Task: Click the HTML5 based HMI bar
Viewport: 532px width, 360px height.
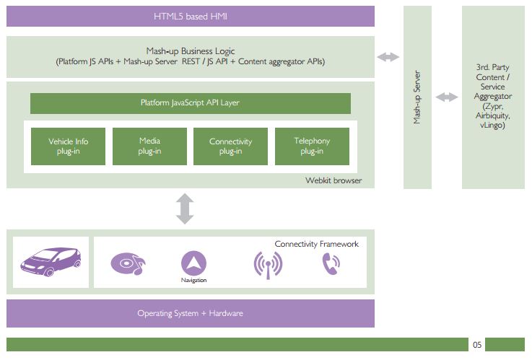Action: pyautogui.click(x=191, y=16)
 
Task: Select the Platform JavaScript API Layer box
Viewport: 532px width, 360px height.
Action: pyautogui.click(x=191, y=103)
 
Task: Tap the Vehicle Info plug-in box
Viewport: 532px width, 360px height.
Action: pyautogui.click(x=69, y=146)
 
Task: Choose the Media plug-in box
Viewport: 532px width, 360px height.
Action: pyautogui.click(x=149, y=146)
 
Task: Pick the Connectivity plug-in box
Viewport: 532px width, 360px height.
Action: pyautogui.click(x=230, y=146)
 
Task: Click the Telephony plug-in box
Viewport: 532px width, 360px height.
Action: pyautogui.click(x=312, y=146)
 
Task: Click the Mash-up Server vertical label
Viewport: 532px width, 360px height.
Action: pyautogui.click(x=417, y=97)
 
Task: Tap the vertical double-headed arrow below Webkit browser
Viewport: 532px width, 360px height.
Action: pyautogui.click(x=186, y=208)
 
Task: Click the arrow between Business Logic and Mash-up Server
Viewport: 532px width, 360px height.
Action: pyautogui.click(x=388, y=57)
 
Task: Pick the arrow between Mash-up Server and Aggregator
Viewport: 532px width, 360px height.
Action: pyautogui.click(x=447, y=97)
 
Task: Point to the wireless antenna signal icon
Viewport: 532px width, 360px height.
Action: pyautogui.click(x=268, y=265)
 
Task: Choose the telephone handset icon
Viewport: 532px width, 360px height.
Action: pyautogui.click(x=330, y=265)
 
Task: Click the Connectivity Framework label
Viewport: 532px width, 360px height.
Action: pyautogui.click(x=316, y=245)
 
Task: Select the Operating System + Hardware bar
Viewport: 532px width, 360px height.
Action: pyautogui.click(x=191, y=313)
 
